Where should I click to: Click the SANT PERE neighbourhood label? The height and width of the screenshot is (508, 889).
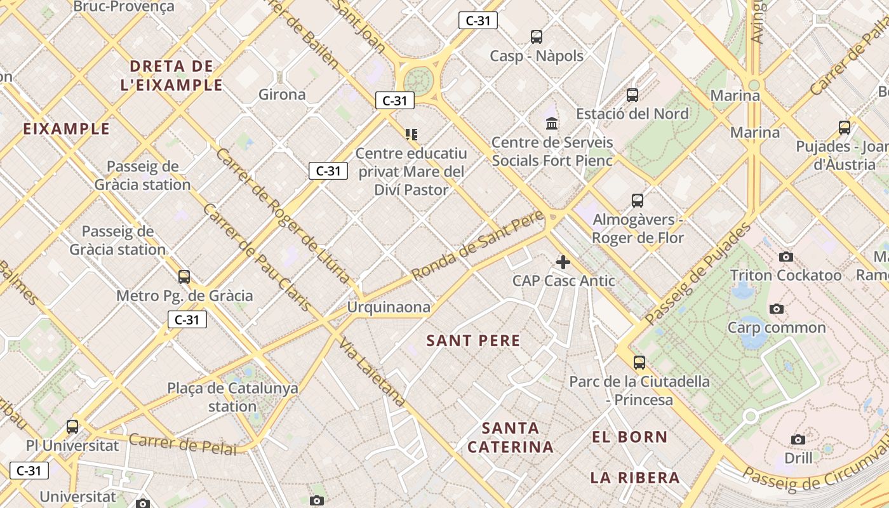coord(473,341)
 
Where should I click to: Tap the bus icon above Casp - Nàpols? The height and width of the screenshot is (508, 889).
coord(537,37)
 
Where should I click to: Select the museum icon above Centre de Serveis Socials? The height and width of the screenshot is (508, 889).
coord(552,123)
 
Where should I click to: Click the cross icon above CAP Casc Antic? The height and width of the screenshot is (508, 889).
coord(563,262)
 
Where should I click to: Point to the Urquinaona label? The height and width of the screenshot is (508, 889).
coord(388,307)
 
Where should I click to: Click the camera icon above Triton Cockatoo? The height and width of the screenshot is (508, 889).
coord(785,257)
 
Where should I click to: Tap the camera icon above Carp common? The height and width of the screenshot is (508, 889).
coord(776,309)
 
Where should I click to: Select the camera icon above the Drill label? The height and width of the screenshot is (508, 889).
coord(798,439)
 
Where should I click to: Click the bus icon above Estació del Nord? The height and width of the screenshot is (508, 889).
coord(632,95)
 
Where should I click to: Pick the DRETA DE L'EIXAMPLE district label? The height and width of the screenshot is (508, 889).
coord(171,76)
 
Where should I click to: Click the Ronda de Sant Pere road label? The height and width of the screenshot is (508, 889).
coord(478,246)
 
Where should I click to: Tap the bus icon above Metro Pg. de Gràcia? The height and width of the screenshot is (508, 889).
coord(184,277)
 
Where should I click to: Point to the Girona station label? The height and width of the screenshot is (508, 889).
coord(282,95)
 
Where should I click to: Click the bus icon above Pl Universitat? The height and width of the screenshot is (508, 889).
coord(72,427)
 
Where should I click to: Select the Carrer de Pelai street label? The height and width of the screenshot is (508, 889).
coord(183,444)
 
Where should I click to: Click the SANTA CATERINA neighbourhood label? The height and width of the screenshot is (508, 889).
coord(511,438)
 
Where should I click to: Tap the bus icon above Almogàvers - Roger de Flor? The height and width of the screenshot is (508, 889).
coord(638,201)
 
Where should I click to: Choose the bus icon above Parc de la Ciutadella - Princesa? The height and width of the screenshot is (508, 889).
coord(639,363)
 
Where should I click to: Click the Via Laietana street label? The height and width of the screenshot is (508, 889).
coord(372,373)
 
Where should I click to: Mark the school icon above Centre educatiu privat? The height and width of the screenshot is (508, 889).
coord(411,135)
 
